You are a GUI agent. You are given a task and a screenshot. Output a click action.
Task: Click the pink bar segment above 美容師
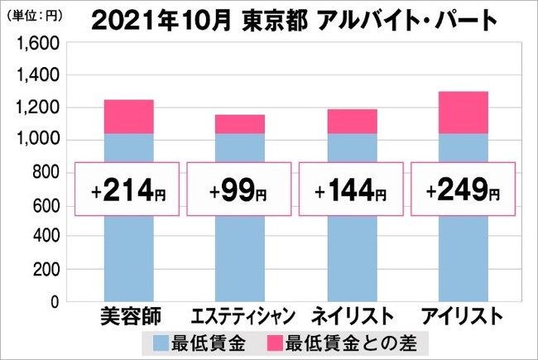(x=129, y=117)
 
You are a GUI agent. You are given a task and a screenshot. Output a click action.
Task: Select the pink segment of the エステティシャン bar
(x=240, y=124)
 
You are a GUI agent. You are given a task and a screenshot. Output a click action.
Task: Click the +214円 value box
(x=129, y=194)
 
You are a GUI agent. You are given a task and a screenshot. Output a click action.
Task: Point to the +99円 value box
(x=240, y=194)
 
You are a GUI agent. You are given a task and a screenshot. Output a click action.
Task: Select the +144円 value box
(x=352, y=194)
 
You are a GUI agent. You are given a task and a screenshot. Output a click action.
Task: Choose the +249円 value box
(x=463, y=194)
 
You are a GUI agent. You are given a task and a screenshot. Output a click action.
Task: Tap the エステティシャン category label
(x=240, y=316)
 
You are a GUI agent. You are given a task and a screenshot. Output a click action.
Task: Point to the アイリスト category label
(x=463, y=316)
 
